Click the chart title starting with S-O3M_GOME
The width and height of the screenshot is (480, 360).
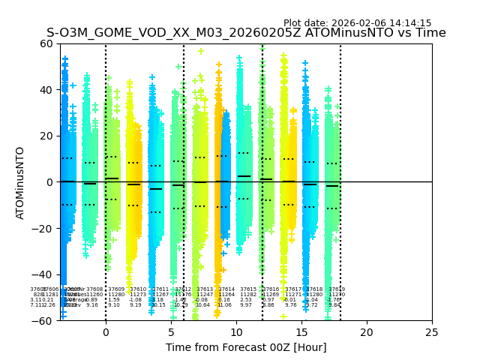point(246,33)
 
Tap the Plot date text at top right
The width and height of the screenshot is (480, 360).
point(357,23)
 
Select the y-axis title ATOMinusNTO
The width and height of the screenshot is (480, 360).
point(20,182)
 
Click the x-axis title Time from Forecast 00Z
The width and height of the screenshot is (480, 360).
point(246,347)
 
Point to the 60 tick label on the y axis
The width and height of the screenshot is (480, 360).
point(46,43)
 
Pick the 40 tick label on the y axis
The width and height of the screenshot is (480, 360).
point(46,90)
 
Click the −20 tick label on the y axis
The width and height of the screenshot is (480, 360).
point(43,229)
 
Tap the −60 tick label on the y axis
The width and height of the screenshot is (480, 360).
point(43,321)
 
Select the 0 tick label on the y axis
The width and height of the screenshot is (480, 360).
point(49,182)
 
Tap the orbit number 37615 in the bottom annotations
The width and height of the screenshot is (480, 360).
point(248,289)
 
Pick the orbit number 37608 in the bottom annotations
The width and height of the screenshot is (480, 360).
point(94,289)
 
